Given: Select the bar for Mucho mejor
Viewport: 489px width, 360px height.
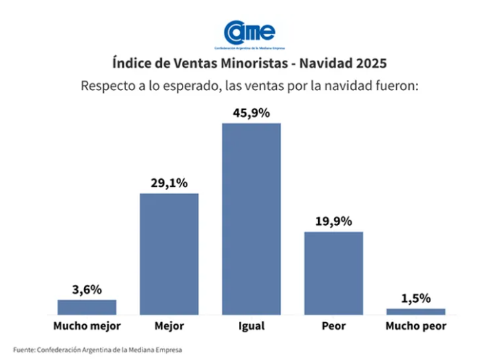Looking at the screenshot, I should click(x=87, y=307).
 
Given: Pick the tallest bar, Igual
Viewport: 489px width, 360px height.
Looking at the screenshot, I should click(x=251, y=219).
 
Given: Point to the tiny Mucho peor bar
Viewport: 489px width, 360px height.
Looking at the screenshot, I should click(x=416, y=311).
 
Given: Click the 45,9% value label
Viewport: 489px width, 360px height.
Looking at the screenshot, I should click(x=251, y=112).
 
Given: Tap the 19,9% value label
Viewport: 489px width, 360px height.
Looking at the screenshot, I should click(x=333, y=221).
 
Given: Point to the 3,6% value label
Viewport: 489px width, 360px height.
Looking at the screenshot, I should click(x=87, y=289).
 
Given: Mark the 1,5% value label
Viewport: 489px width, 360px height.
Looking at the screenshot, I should click(x=416, y=298).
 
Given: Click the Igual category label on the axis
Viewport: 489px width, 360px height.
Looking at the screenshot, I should click(x=251, y=326).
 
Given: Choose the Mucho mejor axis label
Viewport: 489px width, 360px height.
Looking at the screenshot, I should click(x=87, y=326).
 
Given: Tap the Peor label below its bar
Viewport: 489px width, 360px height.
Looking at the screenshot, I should click(x=333, y=326).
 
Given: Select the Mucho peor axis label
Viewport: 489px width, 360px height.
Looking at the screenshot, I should click(x=416, y=326).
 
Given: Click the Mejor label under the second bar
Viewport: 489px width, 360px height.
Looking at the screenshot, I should click(x=169, y=326).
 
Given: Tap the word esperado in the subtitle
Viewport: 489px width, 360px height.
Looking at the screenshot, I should click(x=178, y=87).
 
